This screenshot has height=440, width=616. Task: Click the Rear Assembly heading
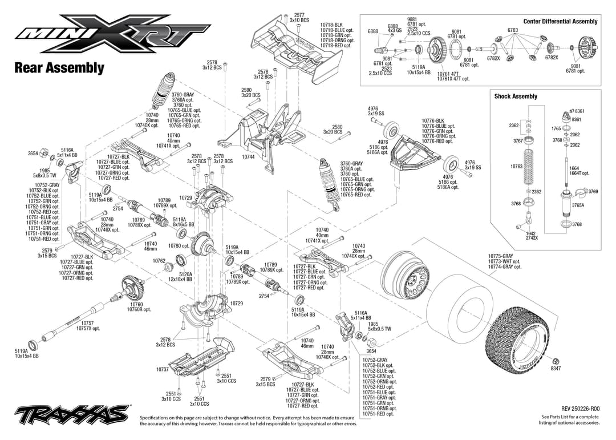click(x=59, y=68)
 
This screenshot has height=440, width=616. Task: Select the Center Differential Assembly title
click(x=560, y=22)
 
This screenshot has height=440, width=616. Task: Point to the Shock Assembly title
click(x=516, y=96)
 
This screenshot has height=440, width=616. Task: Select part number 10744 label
click(x=248, y=156)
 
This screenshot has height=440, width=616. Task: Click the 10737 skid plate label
click(x=162, y=369)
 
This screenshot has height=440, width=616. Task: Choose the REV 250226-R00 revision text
click(x=580, y=409)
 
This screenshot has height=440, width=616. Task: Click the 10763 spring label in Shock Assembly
click(x=516, y=167)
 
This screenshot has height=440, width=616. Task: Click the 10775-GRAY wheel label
click(x=500, y=256)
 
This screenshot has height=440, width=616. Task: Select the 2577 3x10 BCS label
click(x=299, y=18)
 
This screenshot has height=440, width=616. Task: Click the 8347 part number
click(x=556, y=369)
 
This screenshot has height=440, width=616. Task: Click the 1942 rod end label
click(x=531, y=233)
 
